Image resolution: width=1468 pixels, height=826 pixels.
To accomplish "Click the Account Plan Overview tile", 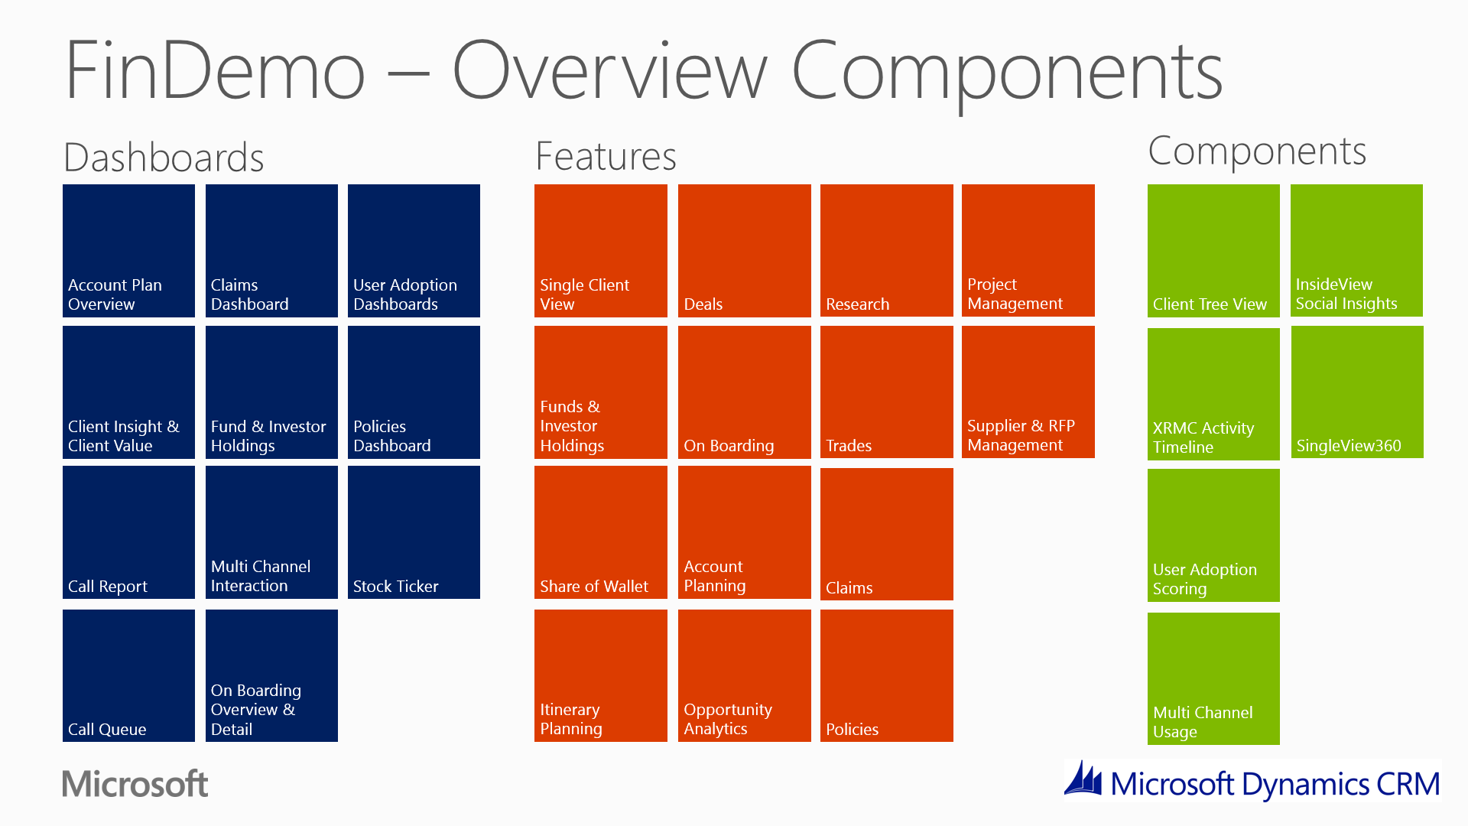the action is pos(128,250).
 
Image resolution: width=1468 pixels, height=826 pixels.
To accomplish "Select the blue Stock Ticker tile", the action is pos(414,532).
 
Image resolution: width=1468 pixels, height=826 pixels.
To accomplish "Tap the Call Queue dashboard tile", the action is pos(128,675).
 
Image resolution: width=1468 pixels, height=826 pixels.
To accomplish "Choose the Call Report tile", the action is pos(128,532).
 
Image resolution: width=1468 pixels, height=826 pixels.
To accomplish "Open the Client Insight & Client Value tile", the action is pos(128,392).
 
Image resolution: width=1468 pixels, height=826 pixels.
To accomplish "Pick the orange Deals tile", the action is pos(744,250).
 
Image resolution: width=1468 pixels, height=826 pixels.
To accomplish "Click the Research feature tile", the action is pos(886,250).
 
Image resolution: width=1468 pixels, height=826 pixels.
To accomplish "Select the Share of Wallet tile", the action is pos(600,532).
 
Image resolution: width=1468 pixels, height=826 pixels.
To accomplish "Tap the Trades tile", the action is pos(886,392).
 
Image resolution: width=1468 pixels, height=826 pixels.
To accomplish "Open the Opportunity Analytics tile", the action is pos(744,675).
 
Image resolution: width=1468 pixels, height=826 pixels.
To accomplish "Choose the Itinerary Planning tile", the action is pos(600,675).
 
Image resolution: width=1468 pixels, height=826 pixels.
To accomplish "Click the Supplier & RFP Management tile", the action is pos(1028,392).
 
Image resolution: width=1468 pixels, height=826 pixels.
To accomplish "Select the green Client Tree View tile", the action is pos(1213,250).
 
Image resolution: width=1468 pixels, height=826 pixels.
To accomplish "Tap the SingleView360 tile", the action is pos(1357,392).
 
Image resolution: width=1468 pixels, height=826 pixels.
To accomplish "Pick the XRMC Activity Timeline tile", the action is pos(1213,394).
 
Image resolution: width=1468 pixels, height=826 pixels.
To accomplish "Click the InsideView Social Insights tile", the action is pos(1356,250).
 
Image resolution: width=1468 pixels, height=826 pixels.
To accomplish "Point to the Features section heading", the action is pos(606,156).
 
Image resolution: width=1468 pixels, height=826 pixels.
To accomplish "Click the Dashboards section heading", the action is pos(164,158).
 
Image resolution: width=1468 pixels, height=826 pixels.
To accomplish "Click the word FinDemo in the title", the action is pos(215,70).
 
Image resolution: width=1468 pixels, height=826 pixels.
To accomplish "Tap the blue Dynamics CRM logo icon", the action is pos(1083,779).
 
